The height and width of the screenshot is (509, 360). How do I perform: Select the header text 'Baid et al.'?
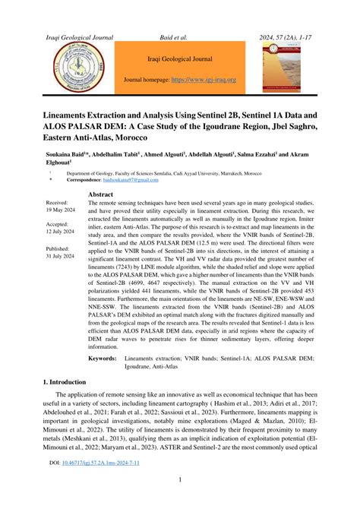click(x=180, y=36)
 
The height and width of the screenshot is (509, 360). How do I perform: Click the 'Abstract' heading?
click(x=101, y=195)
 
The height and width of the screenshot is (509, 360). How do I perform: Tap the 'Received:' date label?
click(x=57, y=204)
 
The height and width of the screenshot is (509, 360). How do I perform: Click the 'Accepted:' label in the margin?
click(x=57, y=226)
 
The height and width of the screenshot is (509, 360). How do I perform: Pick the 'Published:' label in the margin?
click(x=58, y=248)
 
